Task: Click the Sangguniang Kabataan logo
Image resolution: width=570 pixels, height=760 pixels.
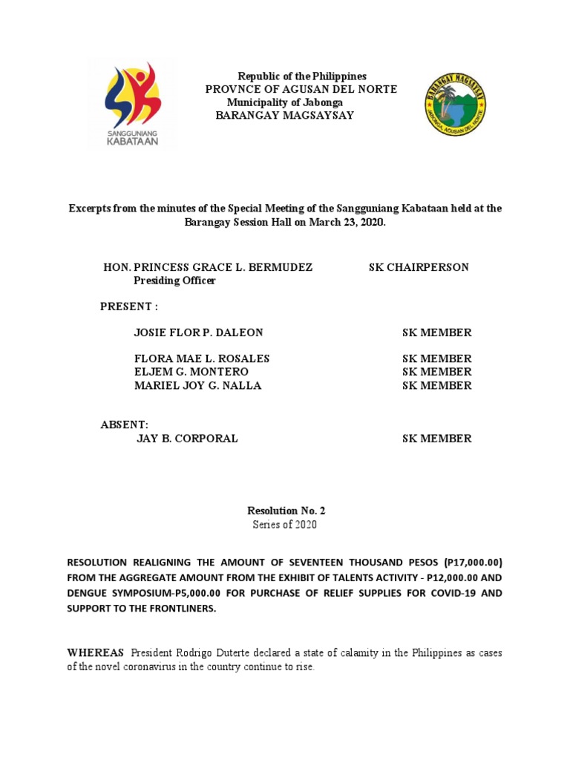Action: pyautogui.click(x=132, y=104)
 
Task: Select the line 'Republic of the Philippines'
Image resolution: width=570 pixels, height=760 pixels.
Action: pyautogui.click(x=301, y=77)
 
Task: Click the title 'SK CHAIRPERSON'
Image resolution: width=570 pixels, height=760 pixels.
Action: pyautogui.click(x=419, y=267)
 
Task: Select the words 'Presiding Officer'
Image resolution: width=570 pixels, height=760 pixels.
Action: pyautogui.click(x=174, y=281)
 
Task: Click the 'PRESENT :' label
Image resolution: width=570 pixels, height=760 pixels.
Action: pyautogui.click(x=129, y=307)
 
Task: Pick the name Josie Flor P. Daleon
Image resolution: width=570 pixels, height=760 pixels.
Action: pyautogui.click(x=198, y=332)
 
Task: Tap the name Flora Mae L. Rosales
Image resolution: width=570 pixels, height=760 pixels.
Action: pyautogui.click(x=201, y=358)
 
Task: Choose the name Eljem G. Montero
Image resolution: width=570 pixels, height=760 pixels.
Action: pyautogui.click(x=191, y=372)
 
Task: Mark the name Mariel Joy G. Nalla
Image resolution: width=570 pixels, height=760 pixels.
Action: pyautogui.click(x=197, y=385)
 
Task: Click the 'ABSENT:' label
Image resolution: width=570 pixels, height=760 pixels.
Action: pyautogui.click(x=125, y=425)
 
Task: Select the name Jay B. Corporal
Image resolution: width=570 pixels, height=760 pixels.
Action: pyautogui.click(x=187, y=439)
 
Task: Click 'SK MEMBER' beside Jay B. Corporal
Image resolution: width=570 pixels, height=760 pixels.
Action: pyautogui.click(x=436, y=439)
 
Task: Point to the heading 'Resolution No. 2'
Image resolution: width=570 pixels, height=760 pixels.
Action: pyautogui.click(x=286, y=511)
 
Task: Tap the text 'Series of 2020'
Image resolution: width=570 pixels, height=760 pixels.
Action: pyautogui.click(x=286, y=525)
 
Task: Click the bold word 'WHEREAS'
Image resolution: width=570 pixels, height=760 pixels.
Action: pyautogui.click(x=96, y=653)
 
